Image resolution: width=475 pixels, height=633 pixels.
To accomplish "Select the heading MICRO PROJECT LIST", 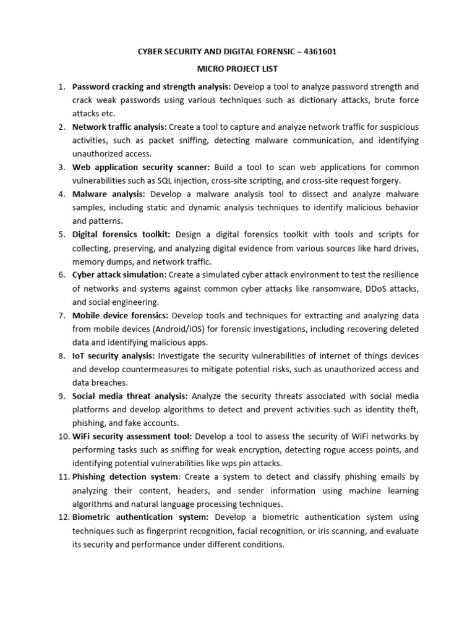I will pos(237,69).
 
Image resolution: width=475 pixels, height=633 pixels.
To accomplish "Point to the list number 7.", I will pos(62,315).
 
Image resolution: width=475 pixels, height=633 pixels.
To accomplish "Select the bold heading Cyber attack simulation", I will pos(119,274).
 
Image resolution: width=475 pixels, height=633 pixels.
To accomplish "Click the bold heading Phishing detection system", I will pos(126,477).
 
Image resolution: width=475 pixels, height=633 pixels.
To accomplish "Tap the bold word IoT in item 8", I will pos(79,355).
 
